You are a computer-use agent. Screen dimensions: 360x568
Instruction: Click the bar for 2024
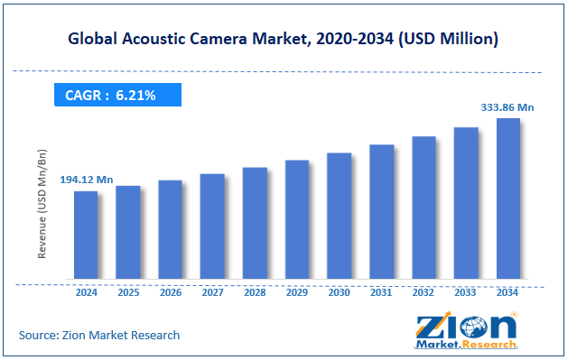pyautogui.click(x=86, y=235)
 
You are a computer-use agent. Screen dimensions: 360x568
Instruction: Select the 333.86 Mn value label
pyautogui.click(x=508, y=107)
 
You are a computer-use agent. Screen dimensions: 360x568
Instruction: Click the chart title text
pyautogui.click(x=284, y=40)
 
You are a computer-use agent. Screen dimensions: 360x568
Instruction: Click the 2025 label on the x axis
pyautogui.click(x=128, y=292)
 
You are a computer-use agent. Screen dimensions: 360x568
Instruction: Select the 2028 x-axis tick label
pyautogui.click(x=255, y=292)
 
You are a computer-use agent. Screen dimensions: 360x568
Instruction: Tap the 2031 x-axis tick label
pyautogui.click(x=382, y=292)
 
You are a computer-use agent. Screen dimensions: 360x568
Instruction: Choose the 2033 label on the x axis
pyautogui.click(x=466, y=292)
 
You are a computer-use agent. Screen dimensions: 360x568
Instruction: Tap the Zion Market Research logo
pyautogui.click(x=466, y=330)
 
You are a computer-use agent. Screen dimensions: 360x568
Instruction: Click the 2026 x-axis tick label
pyautogui.click(x=171, y=292)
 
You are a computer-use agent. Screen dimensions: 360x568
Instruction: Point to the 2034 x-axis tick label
pyautogui.click(x=508, y=292)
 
